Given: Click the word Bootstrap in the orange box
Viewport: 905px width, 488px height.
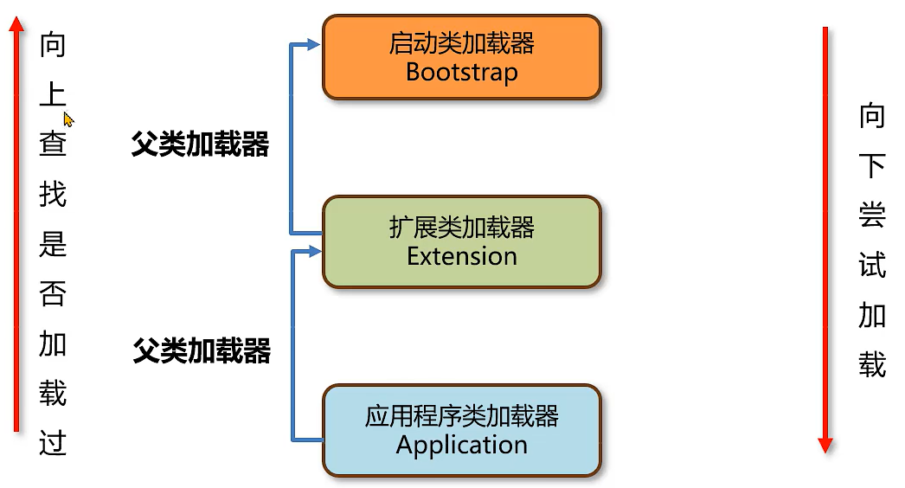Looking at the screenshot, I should click(x=461, y=71).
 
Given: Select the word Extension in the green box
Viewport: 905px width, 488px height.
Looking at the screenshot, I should click(x=461, y=256).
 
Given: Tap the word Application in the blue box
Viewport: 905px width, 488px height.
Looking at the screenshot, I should click(x=461, y=445).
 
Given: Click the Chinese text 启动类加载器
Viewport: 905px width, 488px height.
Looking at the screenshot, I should click(x=461, y=42).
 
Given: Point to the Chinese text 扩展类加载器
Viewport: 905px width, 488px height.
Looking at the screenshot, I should click(x=461, y=228).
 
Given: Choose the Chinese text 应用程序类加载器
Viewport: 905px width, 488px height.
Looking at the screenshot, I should click(x=461, y=416).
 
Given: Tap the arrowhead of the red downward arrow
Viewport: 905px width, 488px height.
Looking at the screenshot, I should click(x=825, y=444).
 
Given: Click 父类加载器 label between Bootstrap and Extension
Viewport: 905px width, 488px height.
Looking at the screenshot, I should click(x=200, y=144).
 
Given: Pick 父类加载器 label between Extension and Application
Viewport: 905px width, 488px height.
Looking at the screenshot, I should click(x=202, y=351).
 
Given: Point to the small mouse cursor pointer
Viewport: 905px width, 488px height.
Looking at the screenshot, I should click(x=68, y=119).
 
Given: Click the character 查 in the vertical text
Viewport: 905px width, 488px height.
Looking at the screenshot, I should click(x=53, y=144).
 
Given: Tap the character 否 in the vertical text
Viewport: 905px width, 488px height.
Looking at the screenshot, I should click(x=53, y=294).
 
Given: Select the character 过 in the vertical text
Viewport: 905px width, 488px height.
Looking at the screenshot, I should click(x=53, y=444).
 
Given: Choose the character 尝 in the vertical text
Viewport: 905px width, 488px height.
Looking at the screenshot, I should click(x=871, y=215).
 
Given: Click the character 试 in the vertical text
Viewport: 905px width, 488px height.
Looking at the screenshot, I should click(x=871, y=265).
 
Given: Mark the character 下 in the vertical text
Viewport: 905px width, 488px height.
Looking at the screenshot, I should click(x=871, y=165).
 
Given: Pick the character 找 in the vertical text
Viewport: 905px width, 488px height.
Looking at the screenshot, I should click(x=53, y=194).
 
